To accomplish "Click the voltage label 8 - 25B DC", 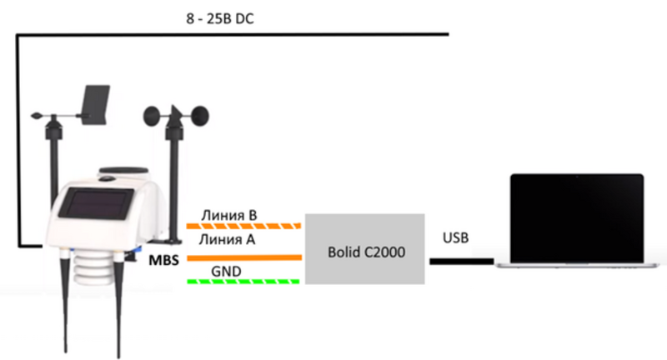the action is coord(220,19).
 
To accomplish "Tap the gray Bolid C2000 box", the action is coord(365,249).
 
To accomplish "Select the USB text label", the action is coord(455,238).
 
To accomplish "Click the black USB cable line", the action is coord(462,262).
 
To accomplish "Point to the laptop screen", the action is coord(577,218).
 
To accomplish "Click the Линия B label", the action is coord(229,215).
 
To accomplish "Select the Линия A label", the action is coord(227,240).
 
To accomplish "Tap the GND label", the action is coord(226,271).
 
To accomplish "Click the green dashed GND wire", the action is coord(243,282).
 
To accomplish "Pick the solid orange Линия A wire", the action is coord(244,257).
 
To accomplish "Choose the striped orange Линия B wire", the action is coord(243,226).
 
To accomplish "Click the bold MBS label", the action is coord(163,260).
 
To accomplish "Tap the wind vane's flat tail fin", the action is coord(95,105).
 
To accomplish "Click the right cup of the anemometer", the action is coord(200,117).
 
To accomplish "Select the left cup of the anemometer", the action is coord(153,117).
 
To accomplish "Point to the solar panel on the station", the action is coord(97,203).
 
